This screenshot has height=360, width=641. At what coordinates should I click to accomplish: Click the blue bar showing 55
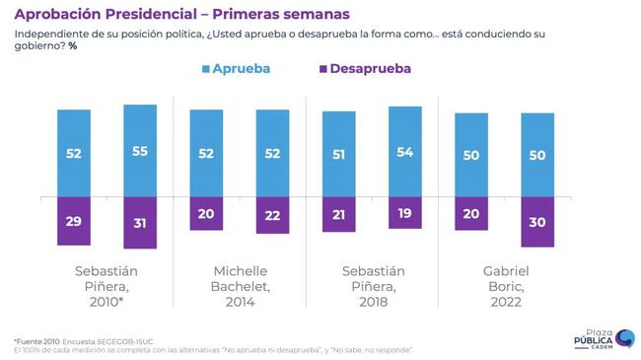(x=140, y=151)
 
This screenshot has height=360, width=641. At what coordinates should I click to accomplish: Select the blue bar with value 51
(x=339, y=154)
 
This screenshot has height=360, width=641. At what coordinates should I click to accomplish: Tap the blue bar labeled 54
(x=405, y=152)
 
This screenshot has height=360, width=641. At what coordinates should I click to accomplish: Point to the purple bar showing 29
(x=74, y=221)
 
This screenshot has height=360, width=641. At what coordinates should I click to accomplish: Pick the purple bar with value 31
(x=140, y=223)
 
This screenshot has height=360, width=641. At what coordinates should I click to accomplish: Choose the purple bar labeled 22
(x=272, y=216)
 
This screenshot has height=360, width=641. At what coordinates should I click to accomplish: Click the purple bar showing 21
(x=339, y=215)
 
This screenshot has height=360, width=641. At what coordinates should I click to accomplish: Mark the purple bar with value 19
(x=405, y=213)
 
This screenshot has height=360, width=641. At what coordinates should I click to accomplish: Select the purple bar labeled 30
(x=537, y=222)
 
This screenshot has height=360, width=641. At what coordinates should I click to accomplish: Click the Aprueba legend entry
(x=237, y=69)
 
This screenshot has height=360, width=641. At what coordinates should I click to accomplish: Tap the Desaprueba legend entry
(x=365, y=69)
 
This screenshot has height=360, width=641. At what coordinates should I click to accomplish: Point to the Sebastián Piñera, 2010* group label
(x=107, y=286)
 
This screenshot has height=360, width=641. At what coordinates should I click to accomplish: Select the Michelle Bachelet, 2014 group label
(x=241, y=286)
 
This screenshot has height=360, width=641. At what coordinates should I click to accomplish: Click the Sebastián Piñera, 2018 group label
(x=374, y=286)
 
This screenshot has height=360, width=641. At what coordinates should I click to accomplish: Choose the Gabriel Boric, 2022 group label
(x=506, y=286)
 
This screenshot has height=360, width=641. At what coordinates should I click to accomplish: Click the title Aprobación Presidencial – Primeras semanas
(x=182, y=15)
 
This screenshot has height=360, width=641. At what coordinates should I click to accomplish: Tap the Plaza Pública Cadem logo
(x=605, y=339)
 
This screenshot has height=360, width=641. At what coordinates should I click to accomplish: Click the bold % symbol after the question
(x=73, y=45)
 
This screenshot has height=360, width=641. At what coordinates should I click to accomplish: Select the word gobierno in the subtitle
(x=37, y=46)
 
